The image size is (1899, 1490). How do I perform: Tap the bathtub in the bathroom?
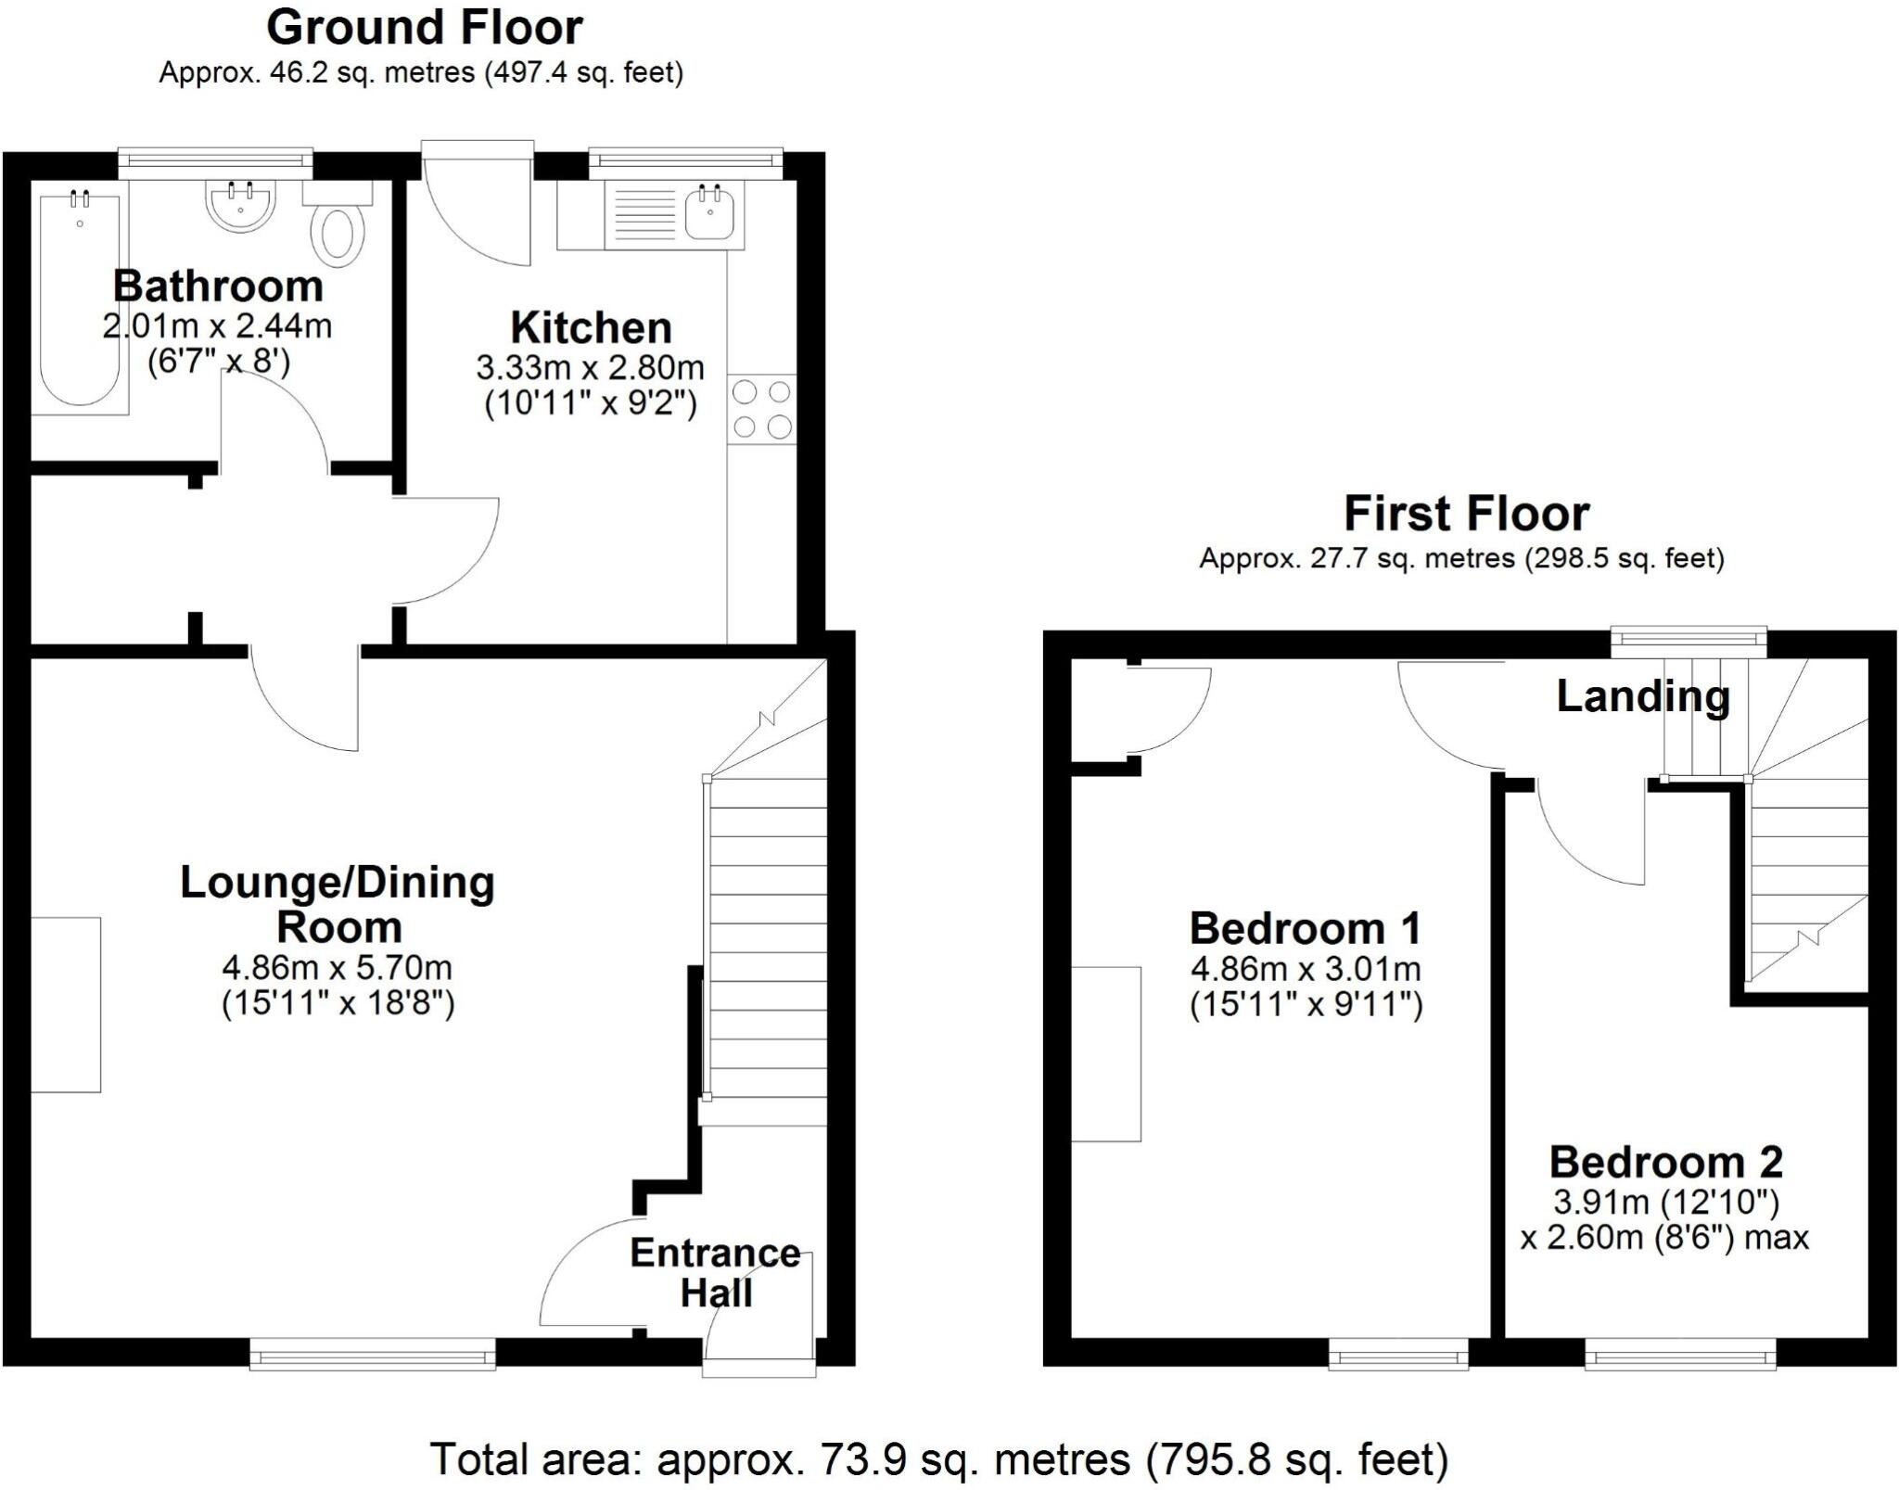[80, 297]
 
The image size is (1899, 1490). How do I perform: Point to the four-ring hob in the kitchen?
[762, 409]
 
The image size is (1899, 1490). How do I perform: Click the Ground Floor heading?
[425, 28]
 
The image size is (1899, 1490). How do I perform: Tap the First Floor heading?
[1466, 513]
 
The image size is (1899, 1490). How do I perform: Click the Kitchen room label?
[591, 328]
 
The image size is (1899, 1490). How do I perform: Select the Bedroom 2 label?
[1665, 1162]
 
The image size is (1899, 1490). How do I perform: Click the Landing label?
[1642, 696]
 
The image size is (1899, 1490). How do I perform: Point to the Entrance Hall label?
[715, 1273]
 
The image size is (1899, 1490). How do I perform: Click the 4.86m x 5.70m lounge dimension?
[337, 968]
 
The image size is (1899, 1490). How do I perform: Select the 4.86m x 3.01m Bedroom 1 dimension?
[1306, 970]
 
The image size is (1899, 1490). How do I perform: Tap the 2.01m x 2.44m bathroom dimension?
[217, 326]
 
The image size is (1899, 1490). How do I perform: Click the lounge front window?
[372, 1355]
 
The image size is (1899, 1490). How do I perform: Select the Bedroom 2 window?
[1680, 1355]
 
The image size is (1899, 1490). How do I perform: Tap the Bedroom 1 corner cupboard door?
[1170, 709]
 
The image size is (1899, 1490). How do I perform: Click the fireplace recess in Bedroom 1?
[1106, 1053]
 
